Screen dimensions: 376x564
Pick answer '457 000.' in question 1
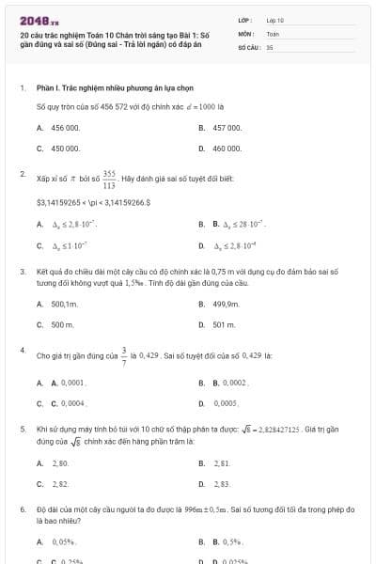[227, 127]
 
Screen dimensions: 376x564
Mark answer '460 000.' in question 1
[227, 148]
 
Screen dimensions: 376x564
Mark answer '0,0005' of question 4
[225, 403]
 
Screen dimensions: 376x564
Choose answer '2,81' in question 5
[222, 463]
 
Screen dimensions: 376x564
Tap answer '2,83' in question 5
[222, 484]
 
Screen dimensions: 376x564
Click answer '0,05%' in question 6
[64, 542]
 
